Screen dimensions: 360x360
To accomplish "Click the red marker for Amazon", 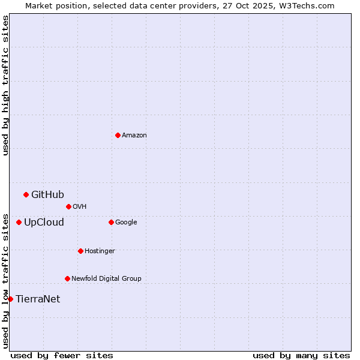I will click(118, 135).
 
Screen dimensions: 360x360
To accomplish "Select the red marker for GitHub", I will click(26, 194).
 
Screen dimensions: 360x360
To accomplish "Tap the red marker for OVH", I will click(68, 206).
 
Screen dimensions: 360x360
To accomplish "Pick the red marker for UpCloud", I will click(19, 222).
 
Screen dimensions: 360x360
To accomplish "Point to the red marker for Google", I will click(111, 222).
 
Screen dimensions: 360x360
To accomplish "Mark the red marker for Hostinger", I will click(80, 251).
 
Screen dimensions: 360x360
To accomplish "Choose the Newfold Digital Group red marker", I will click(67, 278).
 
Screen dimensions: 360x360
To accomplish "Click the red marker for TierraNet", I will click(10, 299).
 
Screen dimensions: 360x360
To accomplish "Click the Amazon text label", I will click(134, 135).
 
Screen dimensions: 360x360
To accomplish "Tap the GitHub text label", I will click(47, 194).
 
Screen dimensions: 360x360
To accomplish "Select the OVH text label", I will click(80, 206).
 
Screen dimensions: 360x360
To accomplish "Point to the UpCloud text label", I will click(44, 222).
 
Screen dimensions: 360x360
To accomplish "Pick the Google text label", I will click(126, 222).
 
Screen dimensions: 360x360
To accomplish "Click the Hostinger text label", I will click(100, 251).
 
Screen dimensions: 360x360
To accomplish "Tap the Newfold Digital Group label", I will click(106, 278).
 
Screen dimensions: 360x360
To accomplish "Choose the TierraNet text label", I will click(38, 299).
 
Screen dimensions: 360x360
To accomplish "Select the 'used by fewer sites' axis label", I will click(62, 355).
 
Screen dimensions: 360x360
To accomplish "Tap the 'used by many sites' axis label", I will click(301, 355).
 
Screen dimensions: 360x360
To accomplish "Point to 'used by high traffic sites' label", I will click(5, 85).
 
